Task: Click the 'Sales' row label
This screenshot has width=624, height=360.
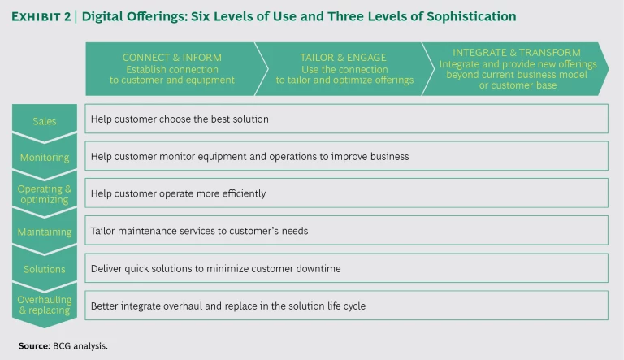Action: pyautogui.click(x=44, y=121)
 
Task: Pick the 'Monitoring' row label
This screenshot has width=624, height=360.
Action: pyautogui.click(x=44, y=158)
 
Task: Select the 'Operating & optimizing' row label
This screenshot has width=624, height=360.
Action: pyautogui.click(x=44, y=194)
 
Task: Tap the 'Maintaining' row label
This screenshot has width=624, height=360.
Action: pyautogui.click(x=44, y=232)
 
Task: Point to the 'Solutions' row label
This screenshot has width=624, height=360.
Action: pyautogui.click(x=44, y=269)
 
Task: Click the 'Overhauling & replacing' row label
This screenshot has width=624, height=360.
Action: pyautogui.click(x=44, y=305)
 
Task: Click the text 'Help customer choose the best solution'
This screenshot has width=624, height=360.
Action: pyautogui.click(x=180, y=119)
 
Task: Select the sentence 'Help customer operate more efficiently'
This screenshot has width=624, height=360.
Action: pyautogui.click(x=178, y=193)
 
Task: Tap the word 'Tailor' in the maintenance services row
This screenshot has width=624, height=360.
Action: pyautogui.click(x=103, y=231)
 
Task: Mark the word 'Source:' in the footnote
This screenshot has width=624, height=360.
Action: pyautogui.click(x=34, y=345)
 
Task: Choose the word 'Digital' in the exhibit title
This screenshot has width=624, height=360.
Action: pyautogui.click(x=102, y=16)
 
